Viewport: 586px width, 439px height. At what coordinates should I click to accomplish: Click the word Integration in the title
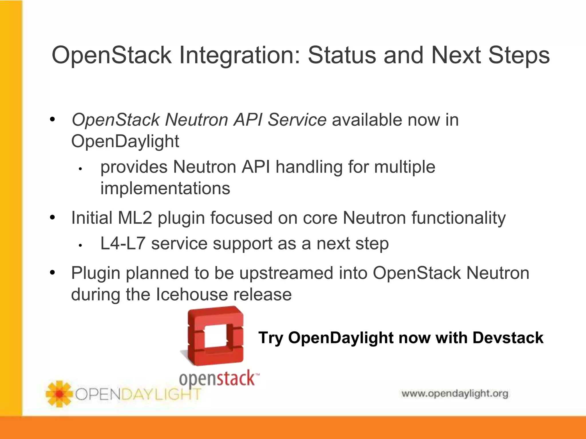(x=239, y=55)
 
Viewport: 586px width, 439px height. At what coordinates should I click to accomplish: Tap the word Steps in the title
(x=519, y=55)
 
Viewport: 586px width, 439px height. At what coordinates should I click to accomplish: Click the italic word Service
(x=297, y=119)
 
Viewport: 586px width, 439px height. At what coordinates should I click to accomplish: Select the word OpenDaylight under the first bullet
(x=125, y=141)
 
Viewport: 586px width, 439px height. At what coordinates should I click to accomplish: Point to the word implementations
(x=165, y=188)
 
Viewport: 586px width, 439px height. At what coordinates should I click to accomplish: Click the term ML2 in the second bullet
(x=134, y=218)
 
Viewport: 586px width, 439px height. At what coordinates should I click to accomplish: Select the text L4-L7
(x=122, y=244)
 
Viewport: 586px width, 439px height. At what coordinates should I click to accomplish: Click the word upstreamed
(x=286, y=273)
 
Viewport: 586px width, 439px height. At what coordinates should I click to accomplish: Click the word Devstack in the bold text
(x=508, y=338)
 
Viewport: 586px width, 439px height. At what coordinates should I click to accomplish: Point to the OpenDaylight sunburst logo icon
(x=59, y=394)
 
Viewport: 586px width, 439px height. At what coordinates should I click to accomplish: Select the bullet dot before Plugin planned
(x=52, y=273)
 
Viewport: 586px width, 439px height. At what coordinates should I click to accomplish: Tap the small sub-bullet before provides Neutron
(x=81, y=169)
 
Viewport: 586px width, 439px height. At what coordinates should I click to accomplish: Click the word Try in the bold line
(x=270, y=338)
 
